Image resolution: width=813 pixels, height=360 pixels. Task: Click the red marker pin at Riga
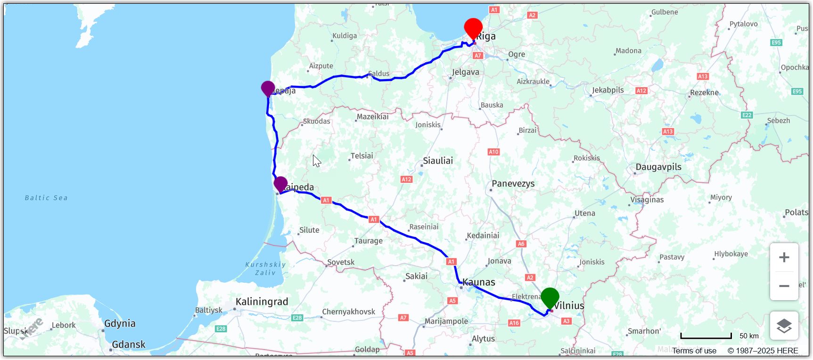pos(473,28)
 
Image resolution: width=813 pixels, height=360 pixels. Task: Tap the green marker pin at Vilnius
pos(550,297)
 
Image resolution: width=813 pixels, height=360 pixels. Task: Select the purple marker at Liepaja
pos(268,88)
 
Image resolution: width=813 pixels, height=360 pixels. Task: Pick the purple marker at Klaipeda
pos(280,184)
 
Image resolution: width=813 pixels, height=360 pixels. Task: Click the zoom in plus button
pos(784,257)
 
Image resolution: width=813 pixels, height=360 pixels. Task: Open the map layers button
pos(784,326)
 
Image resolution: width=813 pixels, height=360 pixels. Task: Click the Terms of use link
pos(694,351)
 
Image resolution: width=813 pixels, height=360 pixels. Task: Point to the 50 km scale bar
pos(706,336)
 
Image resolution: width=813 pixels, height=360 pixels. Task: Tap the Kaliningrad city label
pos(262,302)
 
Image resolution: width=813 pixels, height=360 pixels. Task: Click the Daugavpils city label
pos(658,167)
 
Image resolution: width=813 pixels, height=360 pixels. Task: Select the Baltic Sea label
pos(46,198)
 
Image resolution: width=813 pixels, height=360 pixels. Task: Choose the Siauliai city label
pos(438,161)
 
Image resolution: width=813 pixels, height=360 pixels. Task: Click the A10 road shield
pos(493,152)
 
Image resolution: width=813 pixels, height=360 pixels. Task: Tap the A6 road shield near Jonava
pos(521,244)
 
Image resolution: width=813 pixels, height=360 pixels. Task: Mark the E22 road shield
pos(747,115)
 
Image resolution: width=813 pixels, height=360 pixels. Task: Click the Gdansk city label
pos(129,344)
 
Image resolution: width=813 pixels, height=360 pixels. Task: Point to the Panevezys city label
pos(513,183)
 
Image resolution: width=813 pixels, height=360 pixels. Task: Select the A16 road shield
pos(514,323)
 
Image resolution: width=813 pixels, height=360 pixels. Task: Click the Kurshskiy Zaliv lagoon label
pos(265,269)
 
